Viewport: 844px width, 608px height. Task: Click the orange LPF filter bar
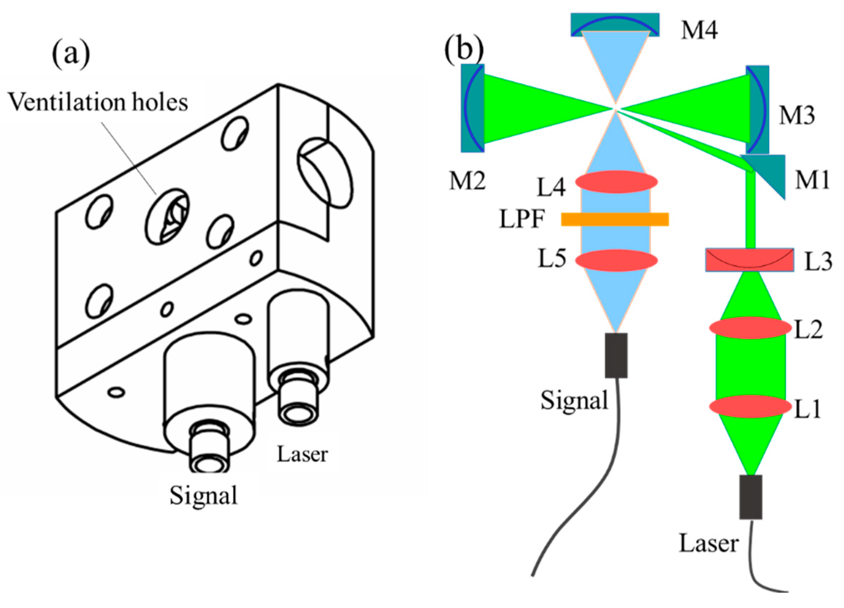pyautogui.click(x=615, y=219)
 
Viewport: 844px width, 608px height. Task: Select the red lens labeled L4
pyautogui.click(x=616, y=182)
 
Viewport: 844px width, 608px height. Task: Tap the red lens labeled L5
pyautogui.click(x=616, y=260)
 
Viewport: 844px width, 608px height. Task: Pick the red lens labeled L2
pyautogui.click(x=750, y=328)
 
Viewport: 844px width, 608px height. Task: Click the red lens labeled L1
pyautogui.click(x=750, y=406)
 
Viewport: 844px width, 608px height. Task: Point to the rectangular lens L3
pyautogui.click(x=749, y=260)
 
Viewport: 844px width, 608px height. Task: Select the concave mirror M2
pyautogui.click(x=472, y=108)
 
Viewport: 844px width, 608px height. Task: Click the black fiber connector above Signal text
pyautogui.click(x=616, y=355)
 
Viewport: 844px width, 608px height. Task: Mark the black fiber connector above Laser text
pyautogui.click(x=750, y=497)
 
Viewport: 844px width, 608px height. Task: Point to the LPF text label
pyautogui.click(x=522, y=220)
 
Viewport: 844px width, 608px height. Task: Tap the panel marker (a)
pyautogui.click(x=71, y=55)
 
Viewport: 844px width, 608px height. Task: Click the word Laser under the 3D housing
pyautogui.click(x=302, y=454)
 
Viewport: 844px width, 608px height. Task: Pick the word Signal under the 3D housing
pyautogui.click(x=203, y=496)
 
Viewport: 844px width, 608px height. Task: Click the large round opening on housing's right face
pyautogui.click(x=325, y=173)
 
